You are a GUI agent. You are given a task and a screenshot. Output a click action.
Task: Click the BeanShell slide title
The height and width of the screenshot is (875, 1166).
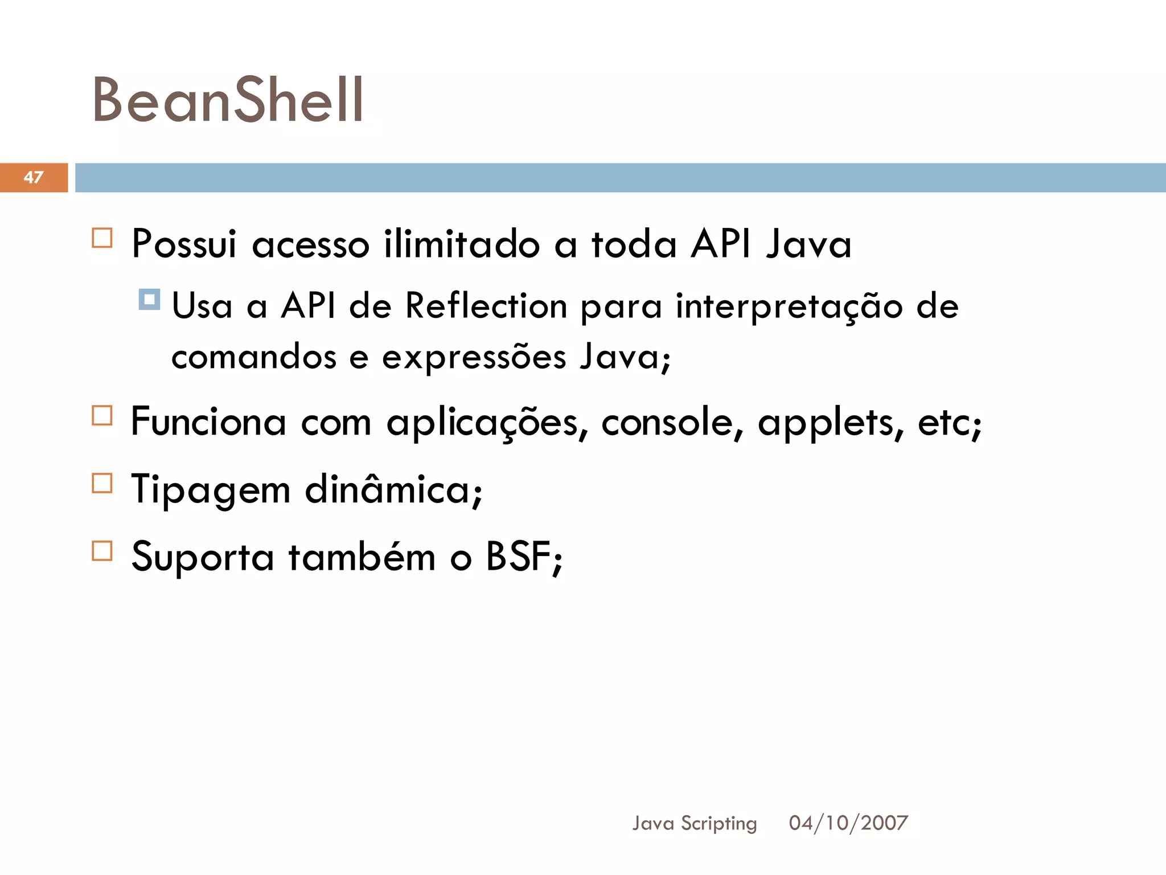tap(228, 101)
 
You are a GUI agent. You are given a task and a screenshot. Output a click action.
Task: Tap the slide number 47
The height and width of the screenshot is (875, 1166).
tap(34, 177)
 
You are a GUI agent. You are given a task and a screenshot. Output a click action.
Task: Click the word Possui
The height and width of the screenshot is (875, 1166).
tap(184, 244)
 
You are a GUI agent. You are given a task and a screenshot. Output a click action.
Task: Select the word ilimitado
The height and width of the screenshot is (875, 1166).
tap(462, 244)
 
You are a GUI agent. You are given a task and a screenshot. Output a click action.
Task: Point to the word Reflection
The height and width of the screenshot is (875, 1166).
tap(486, 306)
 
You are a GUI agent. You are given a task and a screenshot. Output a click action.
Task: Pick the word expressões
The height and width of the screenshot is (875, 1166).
tap(474, 358)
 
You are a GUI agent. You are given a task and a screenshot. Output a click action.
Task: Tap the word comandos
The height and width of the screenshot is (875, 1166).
tap(254, 358)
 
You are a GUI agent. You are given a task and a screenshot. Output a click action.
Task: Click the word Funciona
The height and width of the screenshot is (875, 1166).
tap(208, 422)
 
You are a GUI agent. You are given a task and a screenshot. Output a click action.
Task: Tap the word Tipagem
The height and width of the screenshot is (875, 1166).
tap(211, 490)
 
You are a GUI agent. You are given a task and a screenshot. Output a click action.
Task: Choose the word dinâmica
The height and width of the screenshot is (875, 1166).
tap(393, 489)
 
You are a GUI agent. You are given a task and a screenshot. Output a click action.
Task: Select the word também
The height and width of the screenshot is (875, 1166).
tap(362, 557)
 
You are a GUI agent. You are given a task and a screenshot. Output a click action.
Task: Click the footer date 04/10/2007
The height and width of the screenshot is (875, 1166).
tap(848, 823)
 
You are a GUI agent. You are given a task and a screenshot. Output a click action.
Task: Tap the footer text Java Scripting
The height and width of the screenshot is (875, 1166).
tap(695, 823)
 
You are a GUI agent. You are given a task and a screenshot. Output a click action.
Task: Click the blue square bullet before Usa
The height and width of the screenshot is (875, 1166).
tap(149, 299)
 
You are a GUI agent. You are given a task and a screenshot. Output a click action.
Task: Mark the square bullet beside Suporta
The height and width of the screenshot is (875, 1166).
tap(102, 551)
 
